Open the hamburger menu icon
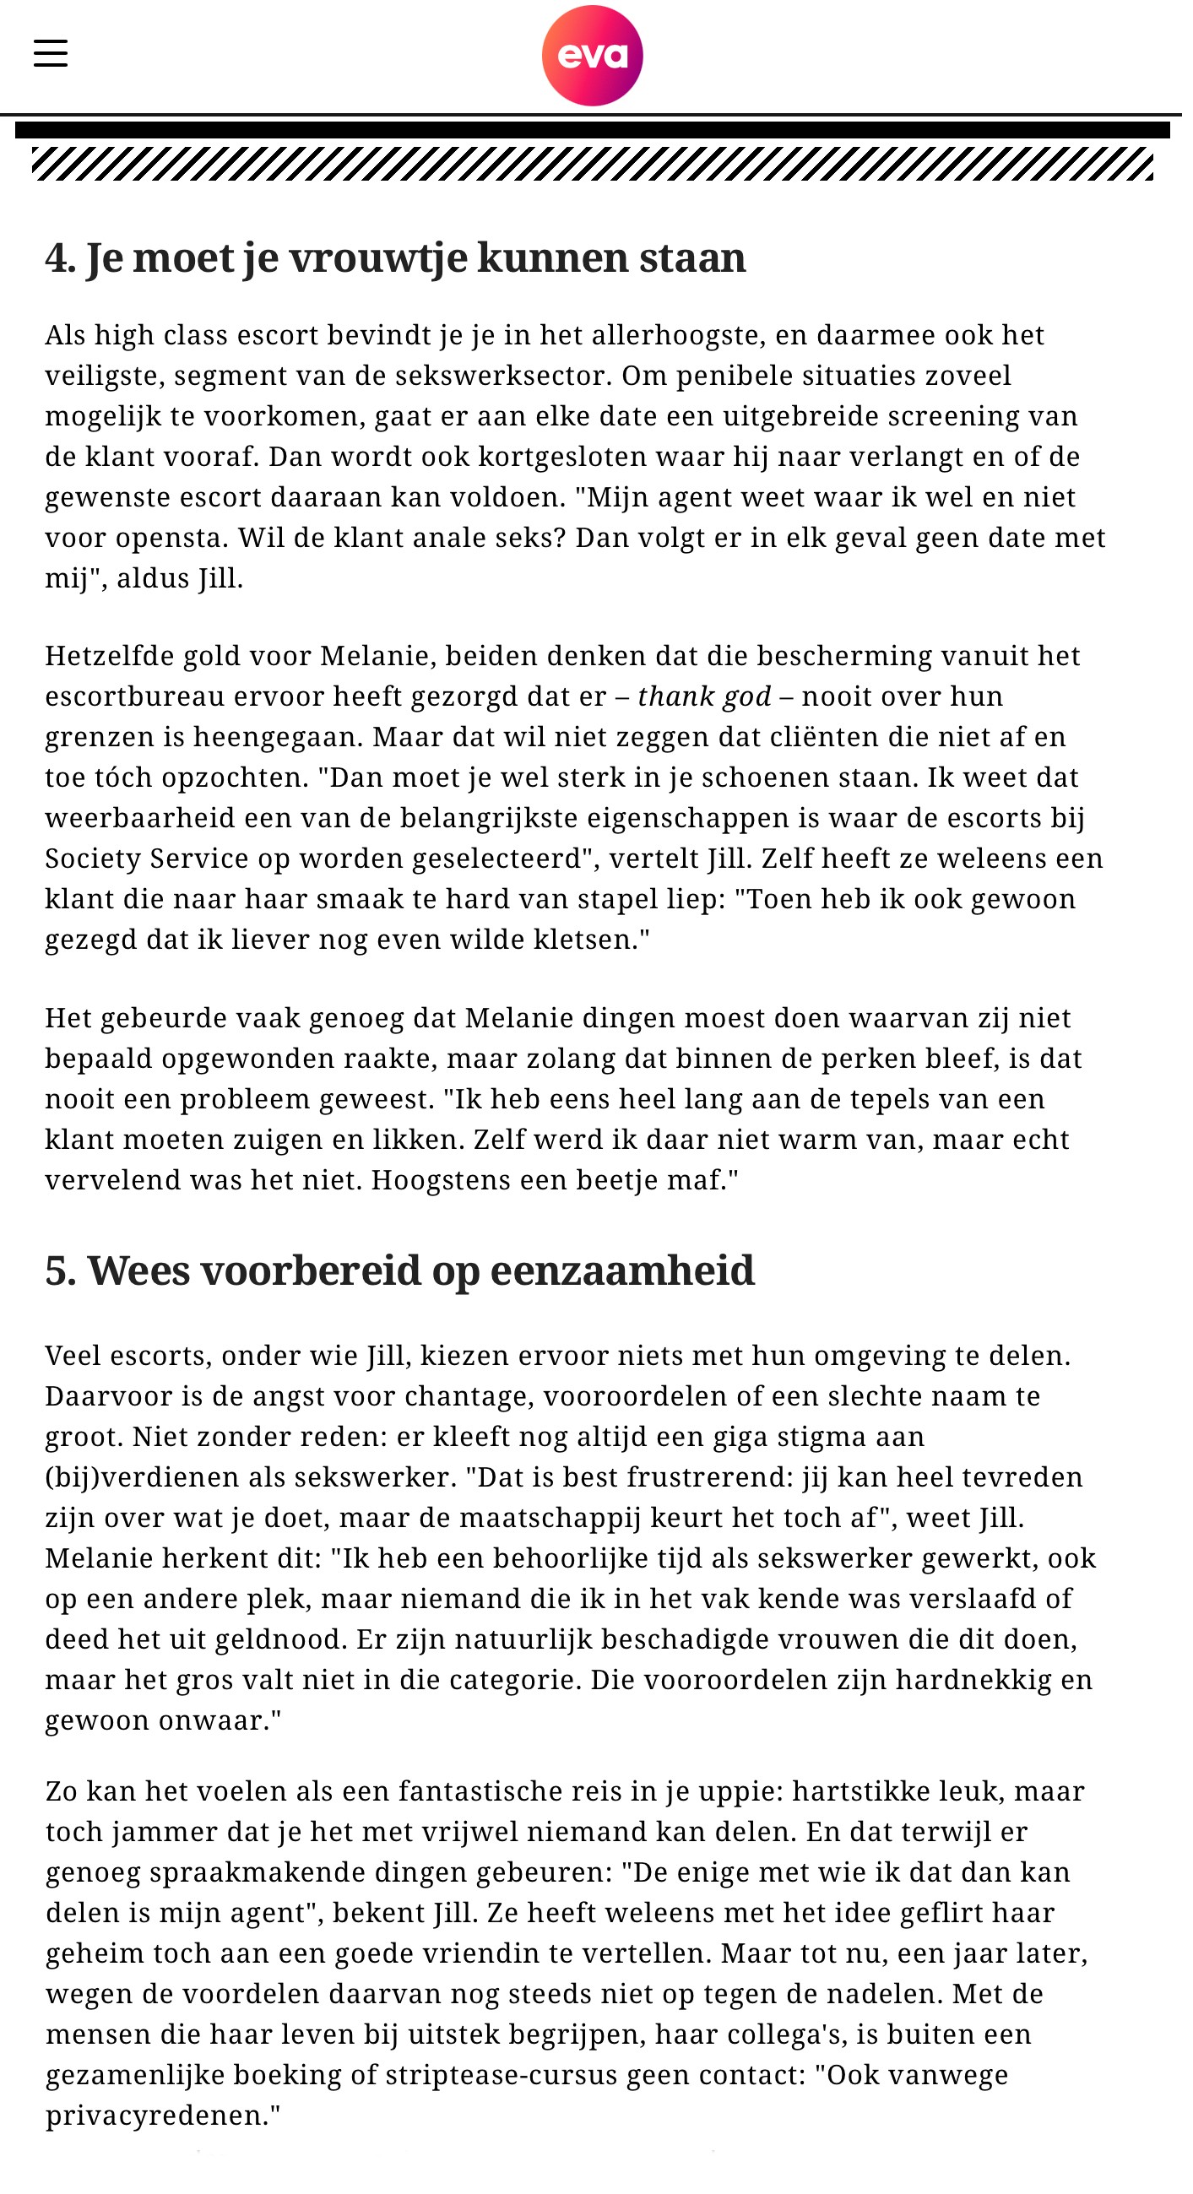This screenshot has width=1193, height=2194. tap(52, 53)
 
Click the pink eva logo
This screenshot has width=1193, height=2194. tap(598, 57)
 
